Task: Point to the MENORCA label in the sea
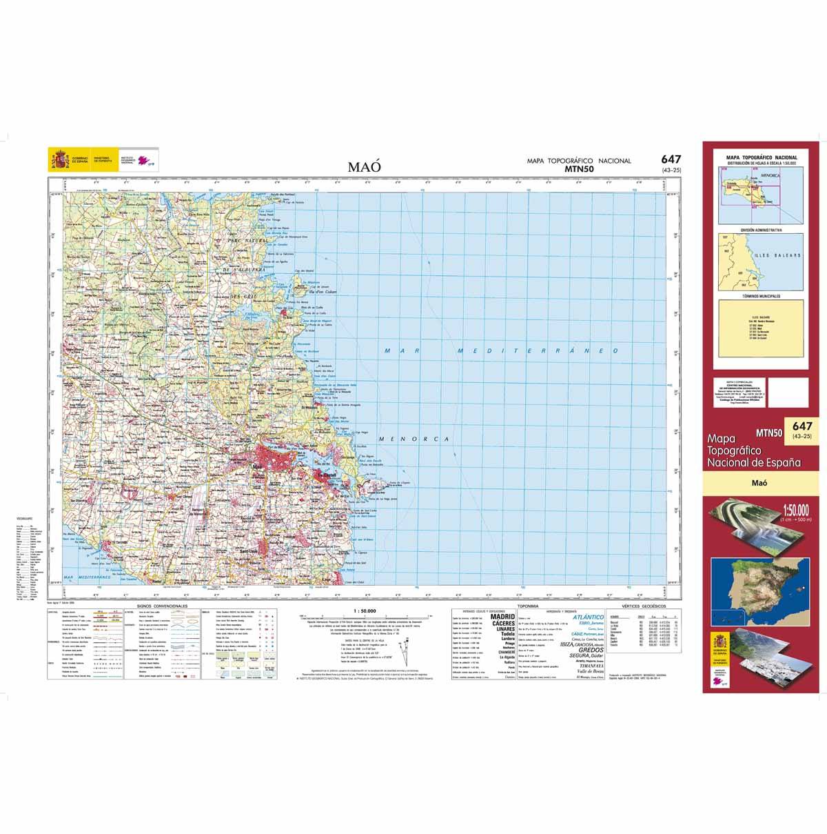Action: [413, 439]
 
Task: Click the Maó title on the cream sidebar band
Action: [762, 484]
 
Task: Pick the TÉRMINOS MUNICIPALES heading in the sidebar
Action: [760, 296]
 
